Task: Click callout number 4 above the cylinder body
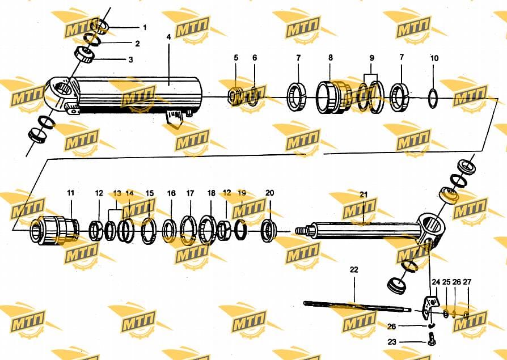pos(168,37)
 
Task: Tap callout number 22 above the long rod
pos(354,269)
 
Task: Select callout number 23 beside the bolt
pos(391,342)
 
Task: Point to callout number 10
pos(434,58)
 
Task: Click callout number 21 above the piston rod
pos(364,194)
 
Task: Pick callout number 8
pos(331,57)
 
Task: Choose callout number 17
pos(190,193)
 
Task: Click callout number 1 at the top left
pos(145,27)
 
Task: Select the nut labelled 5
pos(235,96)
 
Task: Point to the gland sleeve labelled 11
pos(54,230)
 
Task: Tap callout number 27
pos(467,282)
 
